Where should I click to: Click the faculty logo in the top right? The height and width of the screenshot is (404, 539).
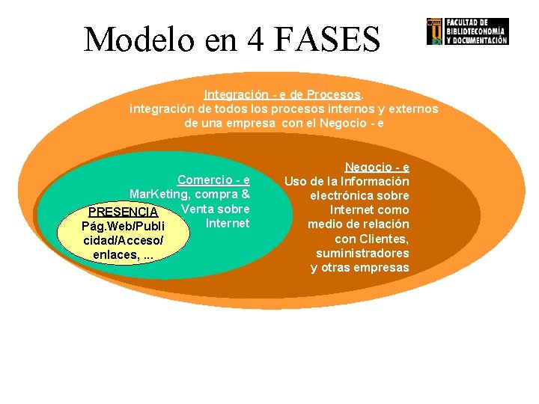click(x=467, y=31)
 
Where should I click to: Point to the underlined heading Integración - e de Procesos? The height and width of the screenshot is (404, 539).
click(x=283, y=95)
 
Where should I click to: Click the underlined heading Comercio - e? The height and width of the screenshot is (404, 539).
click(x=213, y=180)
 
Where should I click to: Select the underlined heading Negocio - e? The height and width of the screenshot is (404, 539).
click(x=377, y=168)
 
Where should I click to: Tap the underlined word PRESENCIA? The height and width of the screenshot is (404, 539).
click(x=124, y=212)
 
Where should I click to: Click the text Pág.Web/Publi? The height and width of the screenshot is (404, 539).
click(x=123, y=226)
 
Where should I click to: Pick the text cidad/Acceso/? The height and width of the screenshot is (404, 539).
click(x=124, y=240)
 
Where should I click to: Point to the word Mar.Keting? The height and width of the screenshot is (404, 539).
click(x=160, y=195)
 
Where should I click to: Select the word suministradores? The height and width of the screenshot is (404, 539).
click(x=362, y=253)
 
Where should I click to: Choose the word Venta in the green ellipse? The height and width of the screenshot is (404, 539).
click(x=198, y=208)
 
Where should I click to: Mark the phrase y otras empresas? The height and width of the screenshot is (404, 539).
click(x=360, y=267)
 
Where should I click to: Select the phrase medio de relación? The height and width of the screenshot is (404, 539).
click(x=358, y=224)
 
